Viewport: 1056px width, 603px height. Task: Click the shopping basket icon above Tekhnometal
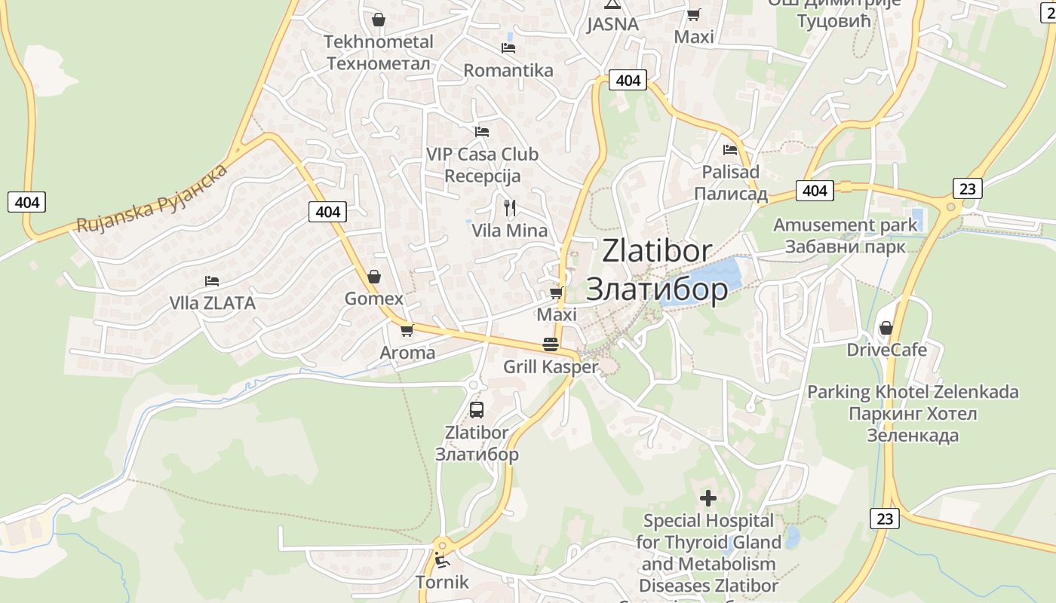[379, 20]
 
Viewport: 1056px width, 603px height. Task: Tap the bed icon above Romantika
[508, 48]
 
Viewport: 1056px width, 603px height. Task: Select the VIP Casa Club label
[482, 155]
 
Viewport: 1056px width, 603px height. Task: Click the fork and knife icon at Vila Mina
[510, 207]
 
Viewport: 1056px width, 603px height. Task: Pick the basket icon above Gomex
[373, 277]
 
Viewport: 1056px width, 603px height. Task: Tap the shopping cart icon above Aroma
[407, 330]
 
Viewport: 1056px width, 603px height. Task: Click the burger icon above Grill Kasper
[551, 345]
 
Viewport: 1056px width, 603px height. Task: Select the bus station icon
[477, 410]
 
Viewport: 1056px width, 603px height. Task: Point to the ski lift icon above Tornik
[441, 560]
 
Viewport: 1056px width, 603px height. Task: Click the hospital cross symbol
[708, 497]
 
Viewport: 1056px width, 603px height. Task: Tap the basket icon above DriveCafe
[886, 328]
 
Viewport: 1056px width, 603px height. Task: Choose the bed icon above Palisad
[729, 150]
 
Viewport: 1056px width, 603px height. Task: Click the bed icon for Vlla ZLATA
[212, 281]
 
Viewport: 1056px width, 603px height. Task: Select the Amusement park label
[846, 225]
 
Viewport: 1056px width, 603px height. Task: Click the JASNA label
[612, 24]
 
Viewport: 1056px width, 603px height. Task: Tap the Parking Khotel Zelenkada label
[913, 393]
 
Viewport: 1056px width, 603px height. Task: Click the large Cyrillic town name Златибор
[657, 289]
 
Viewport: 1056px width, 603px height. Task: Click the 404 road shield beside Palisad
[815, 191]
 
